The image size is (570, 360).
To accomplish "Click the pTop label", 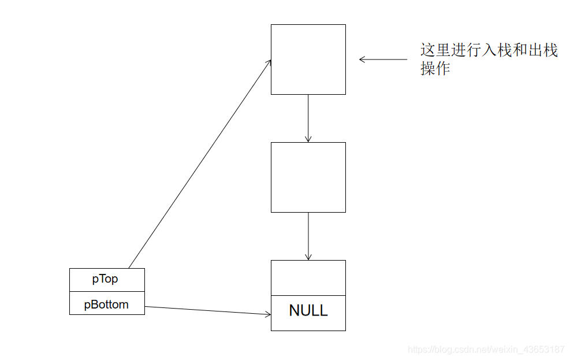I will point(105,279).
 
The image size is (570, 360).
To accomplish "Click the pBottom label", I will point(106,305).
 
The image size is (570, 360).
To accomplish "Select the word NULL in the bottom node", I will point(308,310).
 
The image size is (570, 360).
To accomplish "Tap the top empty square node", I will point(308,59).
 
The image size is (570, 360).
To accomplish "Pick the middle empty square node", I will point(308,177).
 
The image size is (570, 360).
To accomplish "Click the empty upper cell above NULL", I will point(308,277).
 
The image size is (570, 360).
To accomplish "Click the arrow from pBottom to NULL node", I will point(208,310).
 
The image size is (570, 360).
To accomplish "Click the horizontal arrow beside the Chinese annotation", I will point(383,59).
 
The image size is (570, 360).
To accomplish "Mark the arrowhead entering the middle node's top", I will point(308,139).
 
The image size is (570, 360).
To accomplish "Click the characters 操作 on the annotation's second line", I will point(435,69).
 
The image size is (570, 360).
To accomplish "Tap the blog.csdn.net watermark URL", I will point(486,350).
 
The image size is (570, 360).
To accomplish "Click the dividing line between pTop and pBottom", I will point(107,292).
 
